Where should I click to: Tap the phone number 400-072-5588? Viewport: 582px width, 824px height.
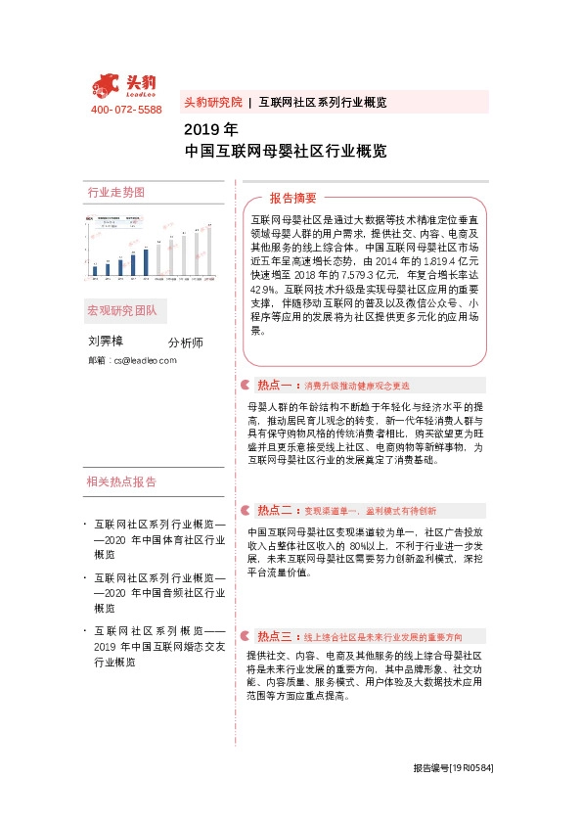click(x=126, y=111)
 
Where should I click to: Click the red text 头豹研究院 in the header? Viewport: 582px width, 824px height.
click(x=212, y=102)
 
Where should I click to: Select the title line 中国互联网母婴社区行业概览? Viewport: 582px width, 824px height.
click(x=285, y=152)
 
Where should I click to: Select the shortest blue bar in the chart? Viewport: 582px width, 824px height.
click(x=95, y=271)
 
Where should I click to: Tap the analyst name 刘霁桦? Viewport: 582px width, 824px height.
click(x=106, y=342)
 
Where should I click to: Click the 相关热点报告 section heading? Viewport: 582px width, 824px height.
click(x=121, y=481)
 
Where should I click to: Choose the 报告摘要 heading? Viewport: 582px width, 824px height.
click(x=293, y=198)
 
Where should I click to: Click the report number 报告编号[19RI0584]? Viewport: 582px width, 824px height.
click(x=452, y=768)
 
